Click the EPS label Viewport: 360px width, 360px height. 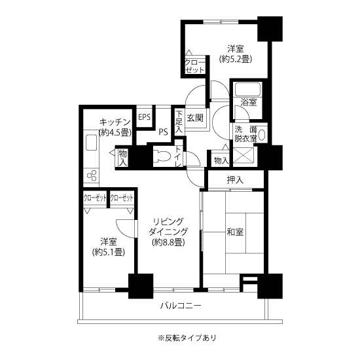point(145,117)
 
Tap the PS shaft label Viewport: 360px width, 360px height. point(163,132)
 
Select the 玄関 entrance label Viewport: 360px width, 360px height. point(195,118)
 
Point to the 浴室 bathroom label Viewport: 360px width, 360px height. point(249,102)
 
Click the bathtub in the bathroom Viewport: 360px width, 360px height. point(247,89)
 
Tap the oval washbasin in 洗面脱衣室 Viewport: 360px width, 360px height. point(261,135)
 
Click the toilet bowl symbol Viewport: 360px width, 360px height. point(162,156)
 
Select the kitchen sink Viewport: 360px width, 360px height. point(91,142)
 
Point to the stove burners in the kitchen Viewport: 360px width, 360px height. point(92,175)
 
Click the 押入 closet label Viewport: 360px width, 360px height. point(235,180)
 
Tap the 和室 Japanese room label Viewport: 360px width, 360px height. point(235,232)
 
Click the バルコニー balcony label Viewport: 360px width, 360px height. point(181,306)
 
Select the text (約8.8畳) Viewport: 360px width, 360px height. point(168,242)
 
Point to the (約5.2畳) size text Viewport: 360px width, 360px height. point(236,59)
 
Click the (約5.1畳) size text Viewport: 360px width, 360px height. point(109,252)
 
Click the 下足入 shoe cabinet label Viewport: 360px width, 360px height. point(179,122)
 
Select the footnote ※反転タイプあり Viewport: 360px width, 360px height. point(187,338)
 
